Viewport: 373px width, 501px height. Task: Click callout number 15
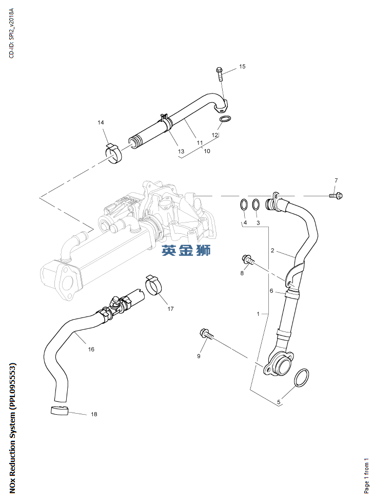click(x=242, y=66)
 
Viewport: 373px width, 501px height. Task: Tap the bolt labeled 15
click(x=220, y=74)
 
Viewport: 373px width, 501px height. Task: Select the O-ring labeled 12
click(x=225, y=121)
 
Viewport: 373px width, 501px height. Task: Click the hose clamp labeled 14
click(x=115, y=153)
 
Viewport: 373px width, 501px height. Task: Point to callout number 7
click(x=336, y=180)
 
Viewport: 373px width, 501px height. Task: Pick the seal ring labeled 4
click(x=244, y=204)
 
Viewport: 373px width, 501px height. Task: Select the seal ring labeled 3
click(x=257, y=204)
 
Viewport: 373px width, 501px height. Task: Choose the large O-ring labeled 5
click(x=302, y=378)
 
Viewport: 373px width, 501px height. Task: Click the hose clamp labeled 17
click(x=154, y=285)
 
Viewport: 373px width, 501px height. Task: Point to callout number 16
click(x=91, y=349)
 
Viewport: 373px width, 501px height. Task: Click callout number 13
click(x=181, y=152)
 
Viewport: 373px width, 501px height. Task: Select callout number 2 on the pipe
click(x=272, y=251)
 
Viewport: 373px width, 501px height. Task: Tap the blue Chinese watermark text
click(x=186, y=250)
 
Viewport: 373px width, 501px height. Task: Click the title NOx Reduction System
click(x=13, y=429)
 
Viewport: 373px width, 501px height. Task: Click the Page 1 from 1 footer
click(x=366, y=475)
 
